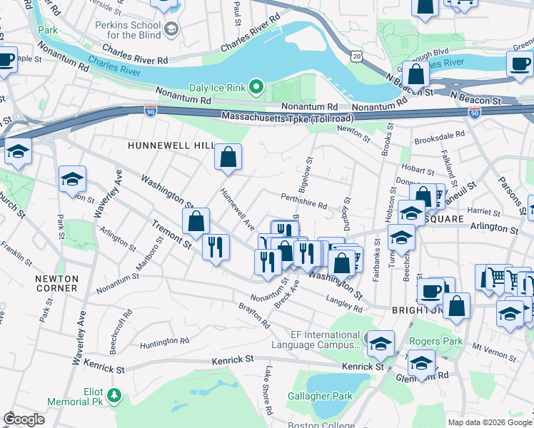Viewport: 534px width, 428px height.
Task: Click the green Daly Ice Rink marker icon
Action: (x=257, y=88)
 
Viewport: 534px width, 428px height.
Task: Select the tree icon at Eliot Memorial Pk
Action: (x=113, y=394)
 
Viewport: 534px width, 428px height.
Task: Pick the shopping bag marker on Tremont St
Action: (x=196, y=222)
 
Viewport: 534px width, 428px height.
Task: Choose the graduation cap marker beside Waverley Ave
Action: (x=72, y=180)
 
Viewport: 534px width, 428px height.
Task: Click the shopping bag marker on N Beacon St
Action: (x=415, y=75)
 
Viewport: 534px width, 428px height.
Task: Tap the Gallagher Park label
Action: (x=320, y=396)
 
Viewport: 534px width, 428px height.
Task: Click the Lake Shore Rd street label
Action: (x=269, y=391)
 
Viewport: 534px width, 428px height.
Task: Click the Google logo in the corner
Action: (x=24, y=419)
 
